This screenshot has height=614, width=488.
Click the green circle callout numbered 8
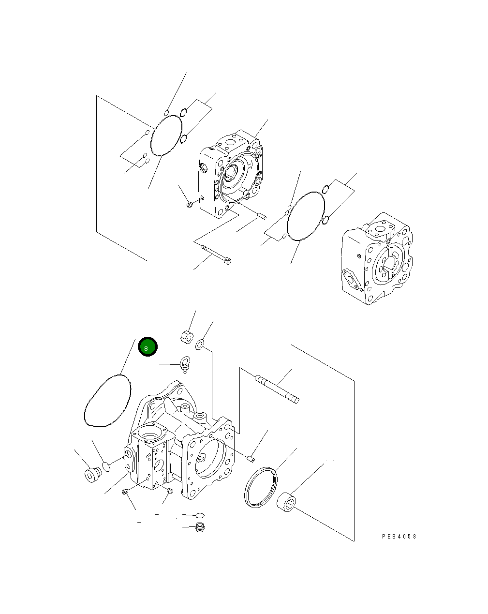coord(148,347)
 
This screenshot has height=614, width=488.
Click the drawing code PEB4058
coord(399,537)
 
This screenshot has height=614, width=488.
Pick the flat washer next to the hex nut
coord(199,344)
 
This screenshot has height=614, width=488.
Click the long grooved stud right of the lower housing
coord(277,389)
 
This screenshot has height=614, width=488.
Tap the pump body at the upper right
coord(377,259)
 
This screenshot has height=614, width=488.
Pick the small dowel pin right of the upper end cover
coord(262,215)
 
